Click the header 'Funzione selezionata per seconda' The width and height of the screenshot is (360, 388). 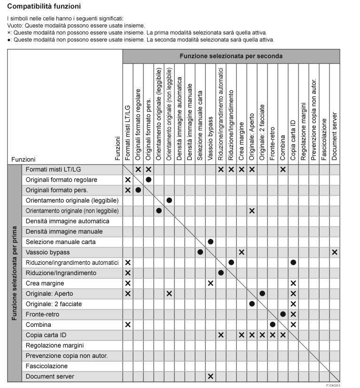(231, 56)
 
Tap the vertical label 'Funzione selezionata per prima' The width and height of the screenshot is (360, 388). (15, 273)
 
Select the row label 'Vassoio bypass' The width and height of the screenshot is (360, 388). (47, 253)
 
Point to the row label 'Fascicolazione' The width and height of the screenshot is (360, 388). (47, 366)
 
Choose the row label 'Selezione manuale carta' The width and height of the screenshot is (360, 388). (61, 242)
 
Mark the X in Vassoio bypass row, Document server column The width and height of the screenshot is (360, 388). (335, 253)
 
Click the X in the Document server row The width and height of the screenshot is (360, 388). (211, 377)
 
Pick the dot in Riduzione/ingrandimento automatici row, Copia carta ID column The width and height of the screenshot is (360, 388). (293, 262)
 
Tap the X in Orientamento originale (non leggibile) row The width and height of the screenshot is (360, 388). (252, 211)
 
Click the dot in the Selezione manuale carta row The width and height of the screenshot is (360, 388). (211, 242)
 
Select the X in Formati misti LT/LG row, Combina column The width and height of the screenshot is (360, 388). (283, 169)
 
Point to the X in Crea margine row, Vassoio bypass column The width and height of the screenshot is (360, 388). (211, 284)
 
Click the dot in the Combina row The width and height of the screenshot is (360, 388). (273, 325)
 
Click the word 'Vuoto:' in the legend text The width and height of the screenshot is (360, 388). (16, 25)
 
